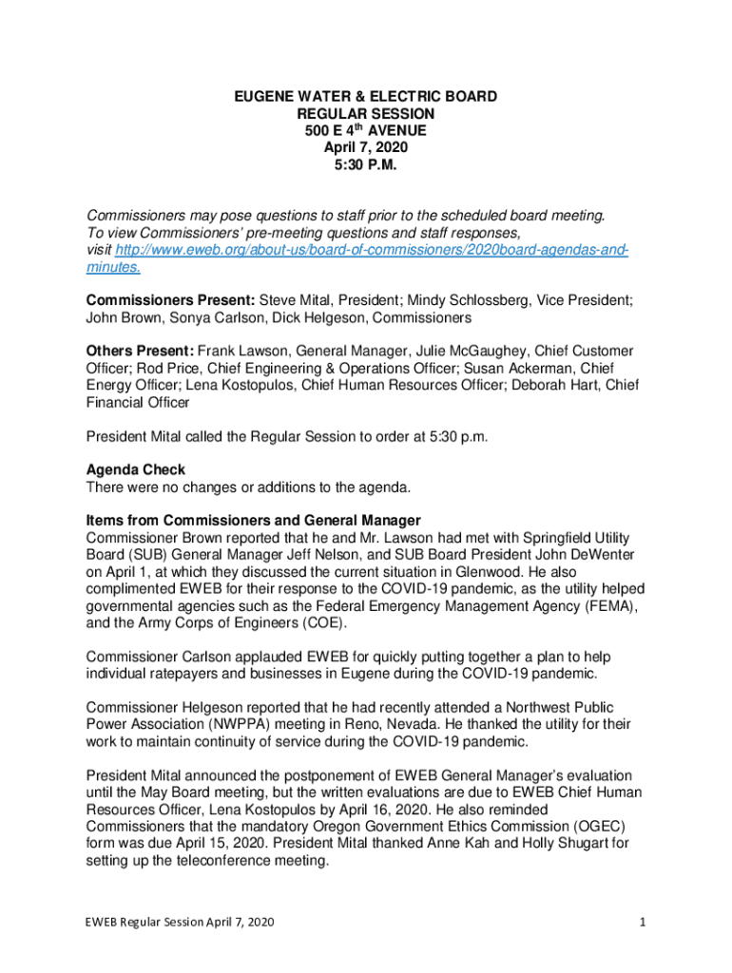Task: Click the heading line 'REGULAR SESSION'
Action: pos(366,113)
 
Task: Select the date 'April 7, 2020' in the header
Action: pos(366,147)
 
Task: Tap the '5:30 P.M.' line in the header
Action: pos(366,164)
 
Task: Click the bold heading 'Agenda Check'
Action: pos(135,470)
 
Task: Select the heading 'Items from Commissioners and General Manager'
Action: pos(253,521)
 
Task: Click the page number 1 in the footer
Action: pos(644,923)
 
